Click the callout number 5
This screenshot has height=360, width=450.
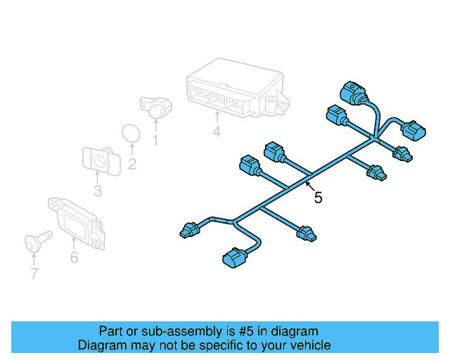318,198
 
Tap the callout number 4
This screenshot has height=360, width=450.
217,131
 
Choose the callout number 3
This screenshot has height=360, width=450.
98,191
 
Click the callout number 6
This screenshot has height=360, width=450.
74,257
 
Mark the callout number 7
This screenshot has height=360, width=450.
33,274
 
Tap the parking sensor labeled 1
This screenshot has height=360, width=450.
153,105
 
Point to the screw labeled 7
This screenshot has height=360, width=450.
37,240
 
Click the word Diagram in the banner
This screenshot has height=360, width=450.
99,345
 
